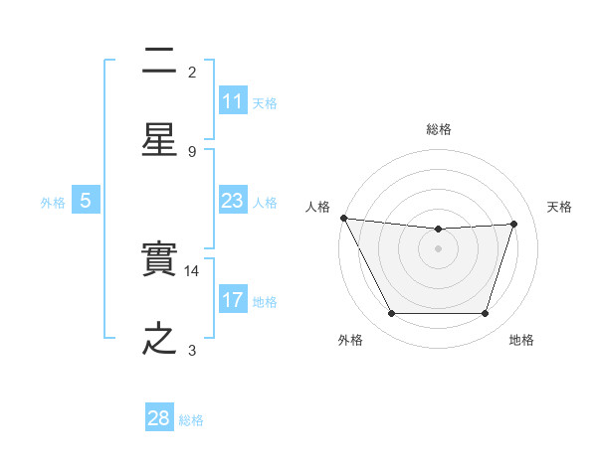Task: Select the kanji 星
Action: [160, 139]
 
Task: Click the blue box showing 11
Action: [233, 101]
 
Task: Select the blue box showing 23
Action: [233, 201]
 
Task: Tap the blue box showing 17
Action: [233, 300]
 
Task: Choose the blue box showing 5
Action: [86, 201]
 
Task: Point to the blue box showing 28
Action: [159, 418]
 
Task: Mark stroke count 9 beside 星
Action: [192, 151]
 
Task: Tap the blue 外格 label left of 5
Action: [53, 202]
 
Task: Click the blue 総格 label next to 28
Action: [191, 419]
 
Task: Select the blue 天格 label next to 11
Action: [265, 102]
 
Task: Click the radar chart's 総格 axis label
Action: [439, 129]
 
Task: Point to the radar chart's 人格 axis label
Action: [318, 207]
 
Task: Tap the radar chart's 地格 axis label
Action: [521, 340]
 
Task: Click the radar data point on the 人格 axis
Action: [343, 218]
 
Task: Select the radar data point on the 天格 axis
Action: [513, 224]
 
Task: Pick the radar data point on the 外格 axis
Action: [391, 314]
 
